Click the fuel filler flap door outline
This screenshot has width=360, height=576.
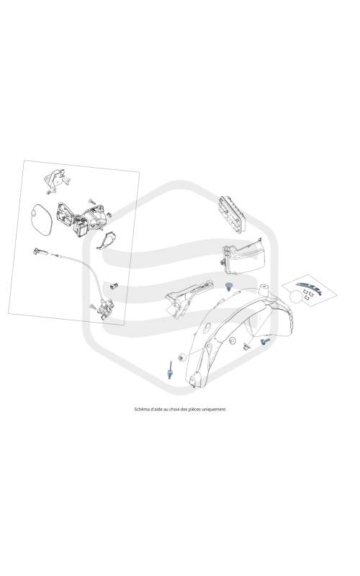click(41, 220)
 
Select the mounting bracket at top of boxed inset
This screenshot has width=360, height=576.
click(57, 180)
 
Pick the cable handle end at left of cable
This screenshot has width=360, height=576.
click(40, 251)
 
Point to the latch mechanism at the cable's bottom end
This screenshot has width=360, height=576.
click(104, 307)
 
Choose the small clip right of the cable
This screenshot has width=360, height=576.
click(114, 285)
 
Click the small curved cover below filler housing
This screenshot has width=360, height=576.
click(107, 240)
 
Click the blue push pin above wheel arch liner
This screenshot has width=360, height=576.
click(230, 286)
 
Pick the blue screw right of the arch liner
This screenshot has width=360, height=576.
click(265, 341)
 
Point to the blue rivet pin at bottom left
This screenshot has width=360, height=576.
click(170, 372)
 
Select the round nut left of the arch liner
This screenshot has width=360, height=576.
click(181, 357)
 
